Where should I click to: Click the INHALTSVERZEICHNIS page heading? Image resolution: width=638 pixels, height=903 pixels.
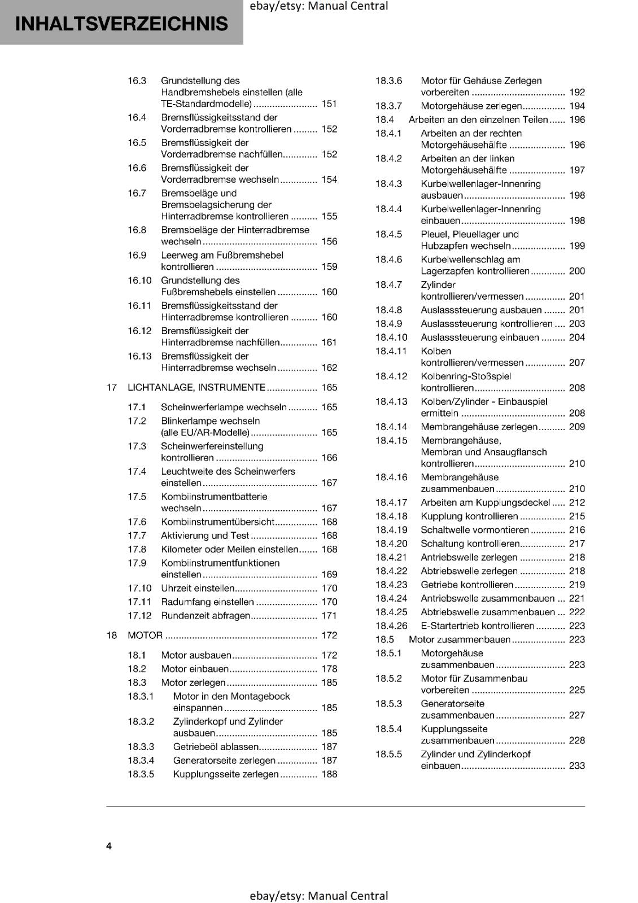[x=122, y=24]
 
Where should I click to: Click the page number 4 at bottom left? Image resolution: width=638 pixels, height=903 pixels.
[x=109, y=846]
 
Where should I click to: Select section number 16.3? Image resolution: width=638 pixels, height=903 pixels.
[x=137, y=81]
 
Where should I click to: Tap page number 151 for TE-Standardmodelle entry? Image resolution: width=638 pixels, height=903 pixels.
[x=329, y=104]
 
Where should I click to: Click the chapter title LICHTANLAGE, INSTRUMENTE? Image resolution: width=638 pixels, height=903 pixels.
[x=196, y=388]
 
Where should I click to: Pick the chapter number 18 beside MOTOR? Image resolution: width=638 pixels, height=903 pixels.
[x=112, y=635]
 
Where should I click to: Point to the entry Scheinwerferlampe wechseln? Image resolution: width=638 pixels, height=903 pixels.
[x=224, y=407]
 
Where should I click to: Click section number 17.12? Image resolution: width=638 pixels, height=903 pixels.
[x=139, y=616]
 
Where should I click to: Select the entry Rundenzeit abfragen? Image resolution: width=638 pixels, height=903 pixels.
[x=206, y=616]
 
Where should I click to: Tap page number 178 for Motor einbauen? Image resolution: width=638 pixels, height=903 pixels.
[x=329, y=669]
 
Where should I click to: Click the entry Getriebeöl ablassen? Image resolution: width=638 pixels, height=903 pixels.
[x=216, y=747]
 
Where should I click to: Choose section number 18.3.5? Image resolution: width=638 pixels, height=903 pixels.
[x=141, y=774]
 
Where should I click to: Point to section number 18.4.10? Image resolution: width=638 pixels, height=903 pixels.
[x=391, y=337]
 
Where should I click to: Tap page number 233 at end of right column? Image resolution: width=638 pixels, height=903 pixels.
[x=577, y=766]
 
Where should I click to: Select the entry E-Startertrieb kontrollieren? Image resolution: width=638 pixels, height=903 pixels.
[x=477, y=626]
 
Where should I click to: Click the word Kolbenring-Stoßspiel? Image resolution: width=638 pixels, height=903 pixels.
[x=466, y=376]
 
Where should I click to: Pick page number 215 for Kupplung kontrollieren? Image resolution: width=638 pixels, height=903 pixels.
[x=577, y=516]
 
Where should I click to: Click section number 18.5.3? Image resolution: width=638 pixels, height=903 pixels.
[x=389, y=704]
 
